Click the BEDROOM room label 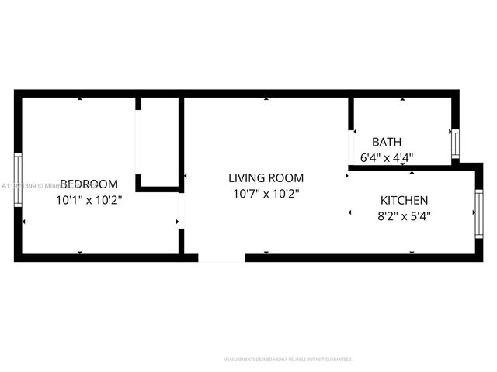pos(89,184)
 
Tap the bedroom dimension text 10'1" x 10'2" pos(89,199)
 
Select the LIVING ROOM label pos(266,177)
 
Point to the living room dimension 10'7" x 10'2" pos(266,193)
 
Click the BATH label pos(387,142)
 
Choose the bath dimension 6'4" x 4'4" pos(387,157)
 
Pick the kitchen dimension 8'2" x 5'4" pos(399,216)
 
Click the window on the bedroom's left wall pos(17,179)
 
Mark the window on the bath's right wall pos(455,143)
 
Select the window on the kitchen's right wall pos(478,213)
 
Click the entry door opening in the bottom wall pos(221,258)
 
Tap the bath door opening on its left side pos(350,147)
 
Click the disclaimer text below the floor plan pos(287,360)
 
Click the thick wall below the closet pos(159,188)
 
